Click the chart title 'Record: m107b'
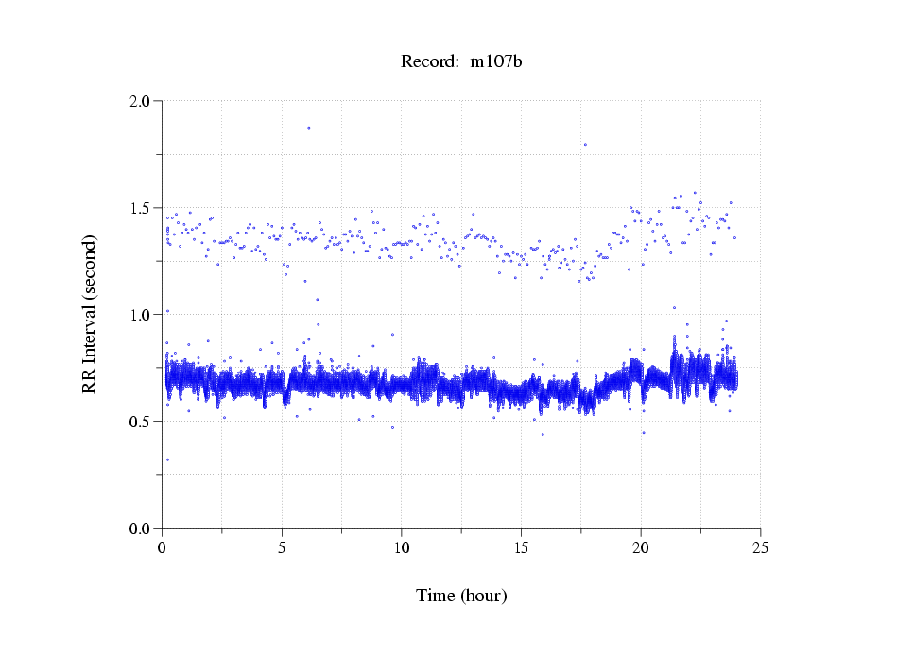point(461,61)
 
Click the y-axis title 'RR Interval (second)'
point(89,314)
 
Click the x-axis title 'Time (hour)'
point(461,596)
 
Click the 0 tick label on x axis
point(163,547)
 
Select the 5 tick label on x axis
point(282,547)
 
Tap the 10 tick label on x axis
point(402,547)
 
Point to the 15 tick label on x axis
point(522,547)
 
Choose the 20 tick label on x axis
point(641,547)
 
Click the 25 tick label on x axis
point(761,547)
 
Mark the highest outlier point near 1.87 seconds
point(308,128)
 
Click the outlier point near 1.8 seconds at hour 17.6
point(585,144)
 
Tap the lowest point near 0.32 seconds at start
point(167,460)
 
